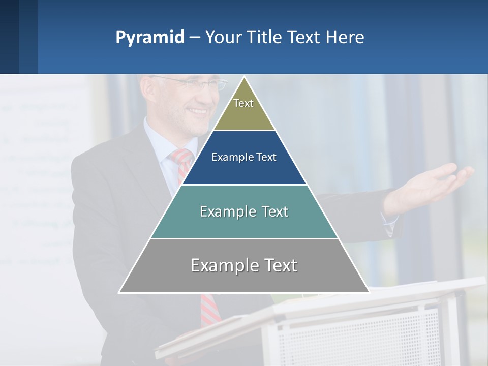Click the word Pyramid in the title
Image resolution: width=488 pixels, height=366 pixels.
click(149, 38)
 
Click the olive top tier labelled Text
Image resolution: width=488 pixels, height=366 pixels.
click(243, 109)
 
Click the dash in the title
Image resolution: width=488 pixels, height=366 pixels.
click(195, 38)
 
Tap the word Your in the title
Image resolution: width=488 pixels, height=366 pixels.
click(222, 38)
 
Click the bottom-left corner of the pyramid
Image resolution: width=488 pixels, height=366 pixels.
click(119, 292)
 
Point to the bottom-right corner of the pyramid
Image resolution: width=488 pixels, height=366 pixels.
click(369, 292)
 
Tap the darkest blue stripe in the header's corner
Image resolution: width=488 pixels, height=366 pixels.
click(9, 37)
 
